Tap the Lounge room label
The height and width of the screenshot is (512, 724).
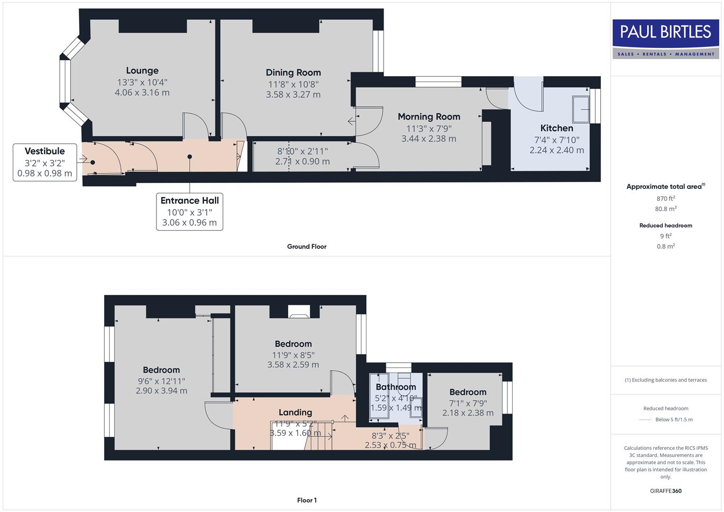(x=142, y=71)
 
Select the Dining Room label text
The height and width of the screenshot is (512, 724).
(x=293, y=73)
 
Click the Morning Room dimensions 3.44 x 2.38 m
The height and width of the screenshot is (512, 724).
(x=429, y=139)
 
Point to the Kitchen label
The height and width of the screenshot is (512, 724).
(x=557, y=128)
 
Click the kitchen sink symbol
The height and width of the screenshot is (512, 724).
(x=581, y=110)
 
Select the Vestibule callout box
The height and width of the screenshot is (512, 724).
(x=45, y=162)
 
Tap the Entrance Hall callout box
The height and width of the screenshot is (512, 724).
(x=190, y=211)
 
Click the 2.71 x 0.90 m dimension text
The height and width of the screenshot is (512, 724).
(x=302, y=162)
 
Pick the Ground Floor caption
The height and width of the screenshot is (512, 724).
(x=307, y=247)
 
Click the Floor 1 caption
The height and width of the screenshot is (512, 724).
(x=307, y=500)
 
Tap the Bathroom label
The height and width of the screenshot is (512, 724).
(x=396, y=387)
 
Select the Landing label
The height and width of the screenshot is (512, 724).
(x=295, y=412)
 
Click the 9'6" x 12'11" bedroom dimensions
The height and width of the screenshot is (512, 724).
(x=161, y=381)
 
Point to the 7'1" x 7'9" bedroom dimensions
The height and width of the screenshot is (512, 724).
(x=468, y=403)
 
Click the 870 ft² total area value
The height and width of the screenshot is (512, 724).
(x=666, y=199)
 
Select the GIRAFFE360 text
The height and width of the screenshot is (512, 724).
(x=666, y=491)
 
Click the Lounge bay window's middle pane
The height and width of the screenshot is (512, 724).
(x=65, y=81)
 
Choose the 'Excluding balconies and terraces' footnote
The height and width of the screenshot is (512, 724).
(x=666, y=380)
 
